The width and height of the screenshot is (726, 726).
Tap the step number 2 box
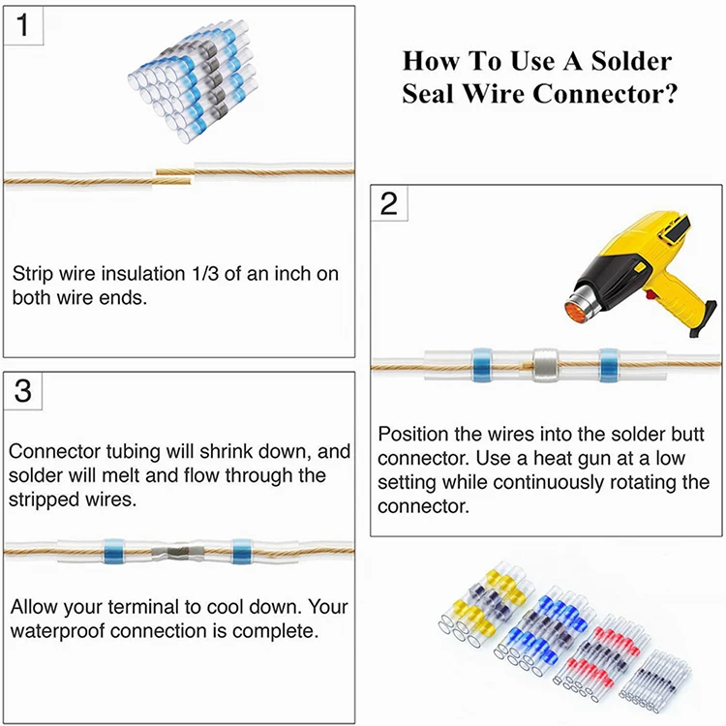389,204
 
